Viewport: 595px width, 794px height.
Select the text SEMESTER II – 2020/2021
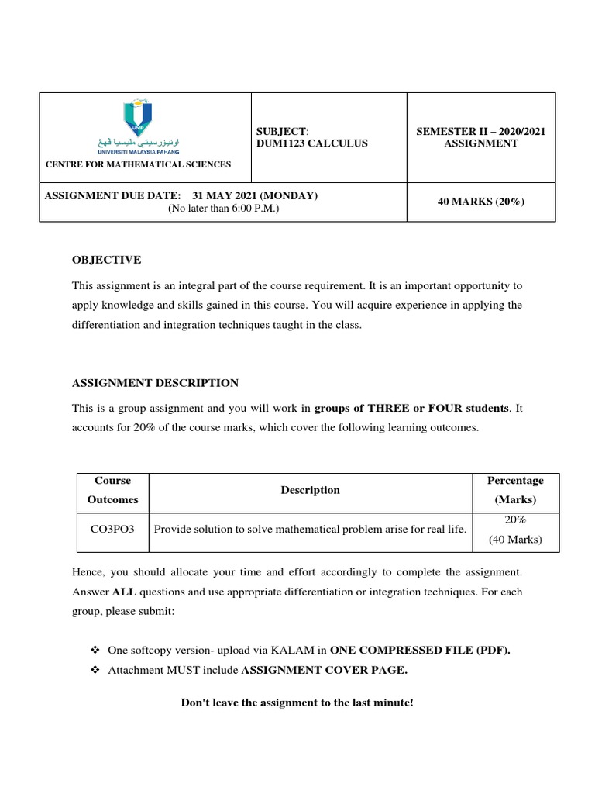click(x=480, y=131)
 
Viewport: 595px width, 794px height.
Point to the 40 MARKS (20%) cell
click(x=480, y=202)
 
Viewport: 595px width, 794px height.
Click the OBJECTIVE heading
click(x=107, y=260)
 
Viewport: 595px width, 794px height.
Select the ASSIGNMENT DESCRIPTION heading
click(x=155, y=383)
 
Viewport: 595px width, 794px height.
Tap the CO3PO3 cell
click(x=113, y=530)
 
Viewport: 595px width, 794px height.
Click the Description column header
click(x=310, y=490)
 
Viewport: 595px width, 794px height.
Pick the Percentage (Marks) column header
click(x=515, y=490)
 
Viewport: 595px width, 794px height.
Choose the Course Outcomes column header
click(x=113, y=490)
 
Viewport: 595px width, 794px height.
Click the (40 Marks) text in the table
click(x=515, y=540)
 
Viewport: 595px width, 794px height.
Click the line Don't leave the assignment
click(x=297, y=703)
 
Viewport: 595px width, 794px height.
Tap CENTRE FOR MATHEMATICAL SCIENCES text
click(x=138, y=164)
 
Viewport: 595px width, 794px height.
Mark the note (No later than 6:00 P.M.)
click(x=223, y=209)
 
